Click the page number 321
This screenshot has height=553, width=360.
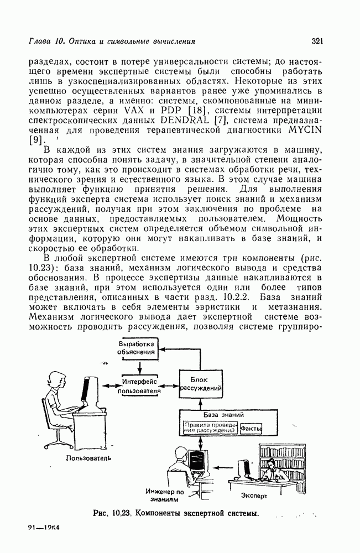tap(317, 40)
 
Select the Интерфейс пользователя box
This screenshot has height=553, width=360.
tap(141, 385)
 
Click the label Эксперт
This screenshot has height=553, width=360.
tap(254, 495)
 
